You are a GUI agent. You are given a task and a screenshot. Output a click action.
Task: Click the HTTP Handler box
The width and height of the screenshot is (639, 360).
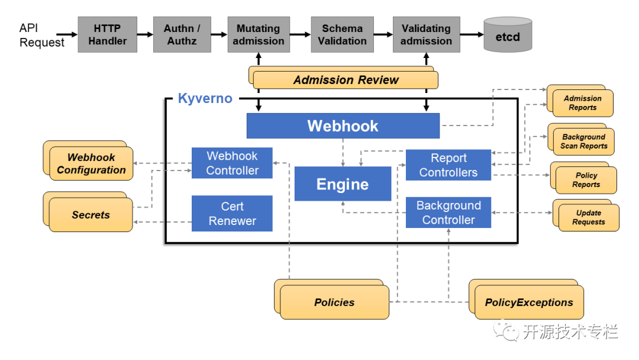tap(108, 35)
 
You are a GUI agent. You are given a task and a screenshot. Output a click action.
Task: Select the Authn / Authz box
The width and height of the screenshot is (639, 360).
tap(182, 35)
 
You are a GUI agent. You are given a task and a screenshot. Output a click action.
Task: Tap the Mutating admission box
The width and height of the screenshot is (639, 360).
tap(259, 35)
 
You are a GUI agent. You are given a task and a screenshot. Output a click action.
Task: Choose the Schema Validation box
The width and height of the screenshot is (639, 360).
tap(343, 35)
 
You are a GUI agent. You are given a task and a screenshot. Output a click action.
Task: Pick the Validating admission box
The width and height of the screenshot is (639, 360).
tap(426, 35)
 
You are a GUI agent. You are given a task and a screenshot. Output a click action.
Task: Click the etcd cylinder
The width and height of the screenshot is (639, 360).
tap(508, 35)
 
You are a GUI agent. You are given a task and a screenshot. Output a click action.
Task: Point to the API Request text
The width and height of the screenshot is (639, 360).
tap(41, 35)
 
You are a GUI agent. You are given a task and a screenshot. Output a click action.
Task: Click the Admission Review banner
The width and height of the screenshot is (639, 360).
tap(344, 78)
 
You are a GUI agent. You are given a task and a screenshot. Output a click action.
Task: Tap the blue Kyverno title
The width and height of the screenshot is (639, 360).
tap(205, 98)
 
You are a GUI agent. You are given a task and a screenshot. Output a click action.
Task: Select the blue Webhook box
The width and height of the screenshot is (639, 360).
tap(343, 126)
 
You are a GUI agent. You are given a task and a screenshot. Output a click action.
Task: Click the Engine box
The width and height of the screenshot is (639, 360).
tap(343, 184)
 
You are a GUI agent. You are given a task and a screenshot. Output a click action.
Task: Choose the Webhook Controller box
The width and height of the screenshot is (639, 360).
tap(232, 163)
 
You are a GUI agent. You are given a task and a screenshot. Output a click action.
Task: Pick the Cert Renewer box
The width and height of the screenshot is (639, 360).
tap(232, 213)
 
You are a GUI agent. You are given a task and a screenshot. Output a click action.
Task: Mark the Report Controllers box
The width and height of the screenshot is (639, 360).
tap(448, 165)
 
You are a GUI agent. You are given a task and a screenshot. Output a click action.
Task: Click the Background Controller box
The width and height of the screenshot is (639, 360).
tap(448, 213)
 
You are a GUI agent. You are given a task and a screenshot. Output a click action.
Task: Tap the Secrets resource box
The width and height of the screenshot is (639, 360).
tap(88, 212)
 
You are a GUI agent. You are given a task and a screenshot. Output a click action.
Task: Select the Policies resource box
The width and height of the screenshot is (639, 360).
tap(332, 299)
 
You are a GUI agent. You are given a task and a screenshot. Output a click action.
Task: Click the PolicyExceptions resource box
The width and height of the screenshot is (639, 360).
tap(526, 299)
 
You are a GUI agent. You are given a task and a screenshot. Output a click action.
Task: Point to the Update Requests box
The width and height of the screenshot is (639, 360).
tap(586, 216)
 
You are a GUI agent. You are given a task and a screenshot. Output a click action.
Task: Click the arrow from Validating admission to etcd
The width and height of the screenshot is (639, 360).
tap(472, 35)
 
